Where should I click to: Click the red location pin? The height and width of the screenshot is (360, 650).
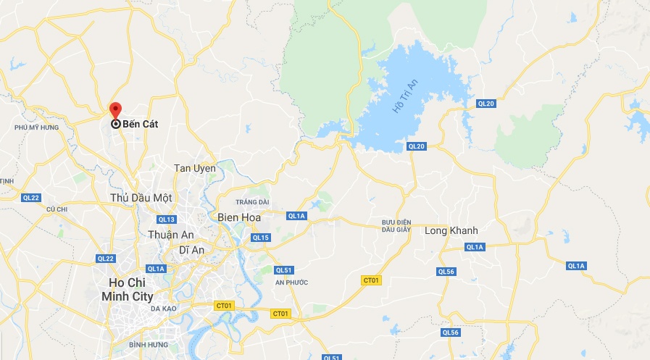(x=114, y=111)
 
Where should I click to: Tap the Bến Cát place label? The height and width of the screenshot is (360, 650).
(x=140, y=124)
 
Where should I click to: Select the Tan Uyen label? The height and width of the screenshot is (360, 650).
(x=195, y=168)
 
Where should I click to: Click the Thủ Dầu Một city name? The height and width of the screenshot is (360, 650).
(x=141, y=197)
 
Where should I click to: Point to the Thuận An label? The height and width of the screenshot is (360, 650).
(x=171, y=235)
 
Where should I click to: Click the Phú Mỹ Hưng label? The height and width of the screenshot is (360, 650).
(x=36, y=127)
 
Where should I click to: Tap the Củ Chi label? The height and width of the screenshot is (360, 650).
(x=56, y=209)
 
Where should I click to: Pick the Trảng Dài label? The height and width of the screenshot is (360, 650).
(x=253, y=201)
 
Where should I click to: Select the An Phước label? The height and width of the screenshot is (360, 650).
(x=292, y=282)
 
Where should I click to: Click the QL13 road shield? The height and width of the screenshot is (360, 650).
(x=167, y=219)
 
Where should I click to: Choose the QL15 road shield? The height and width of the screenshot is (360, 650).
(x=260, y=238)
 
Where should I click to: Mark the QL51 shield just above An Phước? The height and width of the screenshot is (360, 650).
(x=283, y=269)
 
